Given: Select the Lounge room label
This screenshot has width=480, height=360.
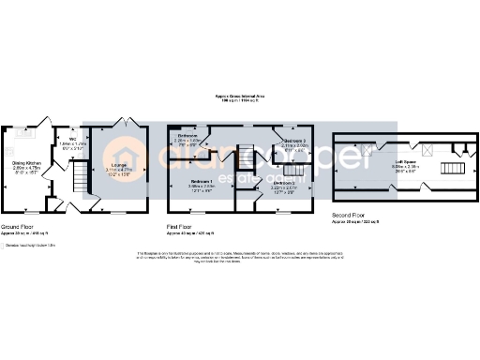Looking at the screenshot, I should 122,166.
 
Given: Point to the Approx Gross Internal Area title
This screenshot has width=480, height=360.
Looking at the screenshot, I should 239,95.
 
